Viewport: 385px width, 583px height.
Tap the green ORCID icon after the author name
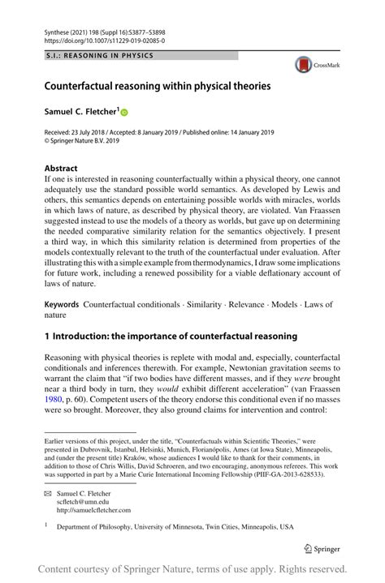coord(125,111)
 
